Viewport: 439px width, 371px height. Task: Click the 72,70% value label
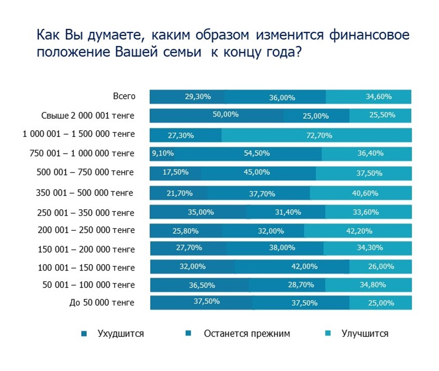319,135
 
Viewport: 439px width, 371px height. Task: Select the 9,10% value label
163,153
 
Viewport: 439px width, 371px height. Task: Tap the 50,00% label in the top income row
226,114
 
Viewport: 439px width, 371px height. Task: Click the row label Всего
124,96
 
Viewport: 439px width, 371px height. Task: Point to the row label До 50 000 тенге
102,302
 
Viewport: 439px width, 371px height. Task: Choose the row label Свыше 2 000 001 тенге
88,115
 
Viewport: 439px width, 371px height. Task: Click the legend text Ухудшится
121,334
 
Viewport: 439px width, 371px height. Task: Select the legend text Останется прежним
247,334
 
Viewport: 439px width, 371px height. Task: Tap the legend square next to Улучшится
327,333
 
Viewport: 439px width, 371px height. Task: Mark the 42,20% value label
359,231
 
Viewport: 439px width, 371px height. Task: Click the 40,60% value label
365,193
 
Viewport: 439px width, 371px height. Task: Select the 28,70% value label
301,285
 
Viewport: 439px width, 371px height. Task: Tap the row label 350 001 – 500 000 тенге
85,192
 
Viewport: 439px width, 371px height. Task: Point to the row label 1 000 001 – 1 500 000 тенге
78,134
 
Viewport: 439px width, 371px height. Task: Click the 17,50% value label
175,172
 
